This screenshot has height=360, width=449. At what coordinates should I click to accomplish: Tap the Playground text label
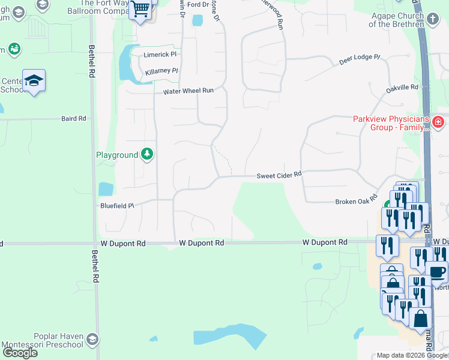[117, 155]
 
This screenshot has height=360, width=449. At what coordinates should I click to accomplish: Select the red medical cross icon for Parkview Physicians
[438, 122]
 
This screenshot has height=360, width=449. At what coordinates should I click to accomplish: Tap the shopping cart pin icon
[140, 10]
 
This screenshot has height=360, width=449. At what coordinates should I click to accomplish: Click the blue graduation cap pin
[34, 81]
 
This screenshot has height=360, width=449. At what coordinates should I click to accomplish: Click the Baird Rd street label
[74, 119]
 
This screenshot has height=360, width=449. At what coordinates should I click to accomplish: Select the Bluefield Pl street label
[116, 206]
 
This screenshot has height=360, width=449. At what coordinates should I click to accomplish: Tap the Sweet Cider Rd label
[279, 176]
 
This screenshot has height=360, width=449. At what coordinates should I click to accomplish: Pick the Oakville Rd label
[402, 88]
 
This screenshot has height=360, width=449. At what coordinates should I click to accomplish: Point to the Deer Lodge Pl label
[360, 58]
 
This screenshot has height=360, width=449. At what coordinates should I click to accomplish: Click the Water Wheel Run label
[188, 91]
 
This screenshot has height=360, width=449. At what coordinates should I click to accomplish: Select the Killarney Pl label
[161, 71]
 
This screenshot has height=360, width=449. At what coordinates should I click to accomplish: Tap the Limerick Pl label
[160, 54]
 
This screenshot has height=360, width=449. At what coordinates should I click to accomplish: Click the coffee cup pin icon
[436, 271]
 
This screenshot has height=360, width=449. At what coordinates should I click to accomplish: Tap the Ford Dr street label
[197, 4]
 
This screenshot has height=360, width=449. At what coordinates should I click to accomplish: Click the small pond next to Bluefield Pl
[105, 189]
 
